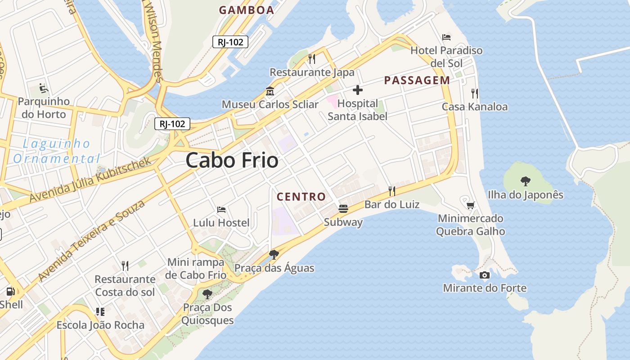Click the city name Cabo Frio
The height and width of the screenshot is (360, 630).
[232, 161]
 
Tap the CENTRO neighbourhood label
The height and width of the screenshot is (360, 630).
[301, 197]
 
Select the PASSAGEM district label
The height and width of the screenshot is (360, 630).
[417, 81]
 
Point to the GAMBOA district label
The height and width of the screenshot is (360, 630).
[246, 10]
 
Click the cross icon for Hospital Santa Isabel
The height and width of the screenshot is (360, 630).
[358, 90]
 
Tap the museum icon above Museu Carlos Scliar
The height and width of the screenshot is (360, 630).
[270, 91]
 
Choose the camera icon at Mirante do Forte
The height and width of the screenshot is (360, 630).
[485, 275]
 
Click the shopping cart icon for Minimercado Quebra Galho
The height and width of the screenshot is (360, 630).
[470, 205]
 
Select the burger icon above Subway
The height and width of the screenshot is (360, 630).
[343, 209]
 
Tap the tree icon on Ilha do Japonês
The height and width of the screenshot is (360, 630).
[525, 181]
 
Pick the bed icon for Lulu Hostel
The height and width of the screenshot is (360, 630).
[221, 209]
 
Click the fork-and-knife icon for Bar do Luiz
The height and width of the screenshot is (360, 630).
[392, 191]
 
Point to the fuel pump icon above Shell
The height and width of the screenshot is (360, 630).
[11, 291]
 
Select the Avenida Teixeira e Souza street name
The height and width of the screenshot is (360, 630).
[92, 241]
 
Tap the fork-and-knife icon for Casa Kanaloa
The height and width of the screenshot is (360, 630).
[475, 94]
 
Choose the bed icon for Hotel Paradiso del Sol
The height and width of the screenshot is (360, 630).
[446, 37]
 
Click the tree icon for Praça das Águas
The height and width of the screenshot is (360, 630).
[274, 255]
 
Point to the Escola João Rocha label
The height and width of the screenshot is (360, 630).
[100, 325]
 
